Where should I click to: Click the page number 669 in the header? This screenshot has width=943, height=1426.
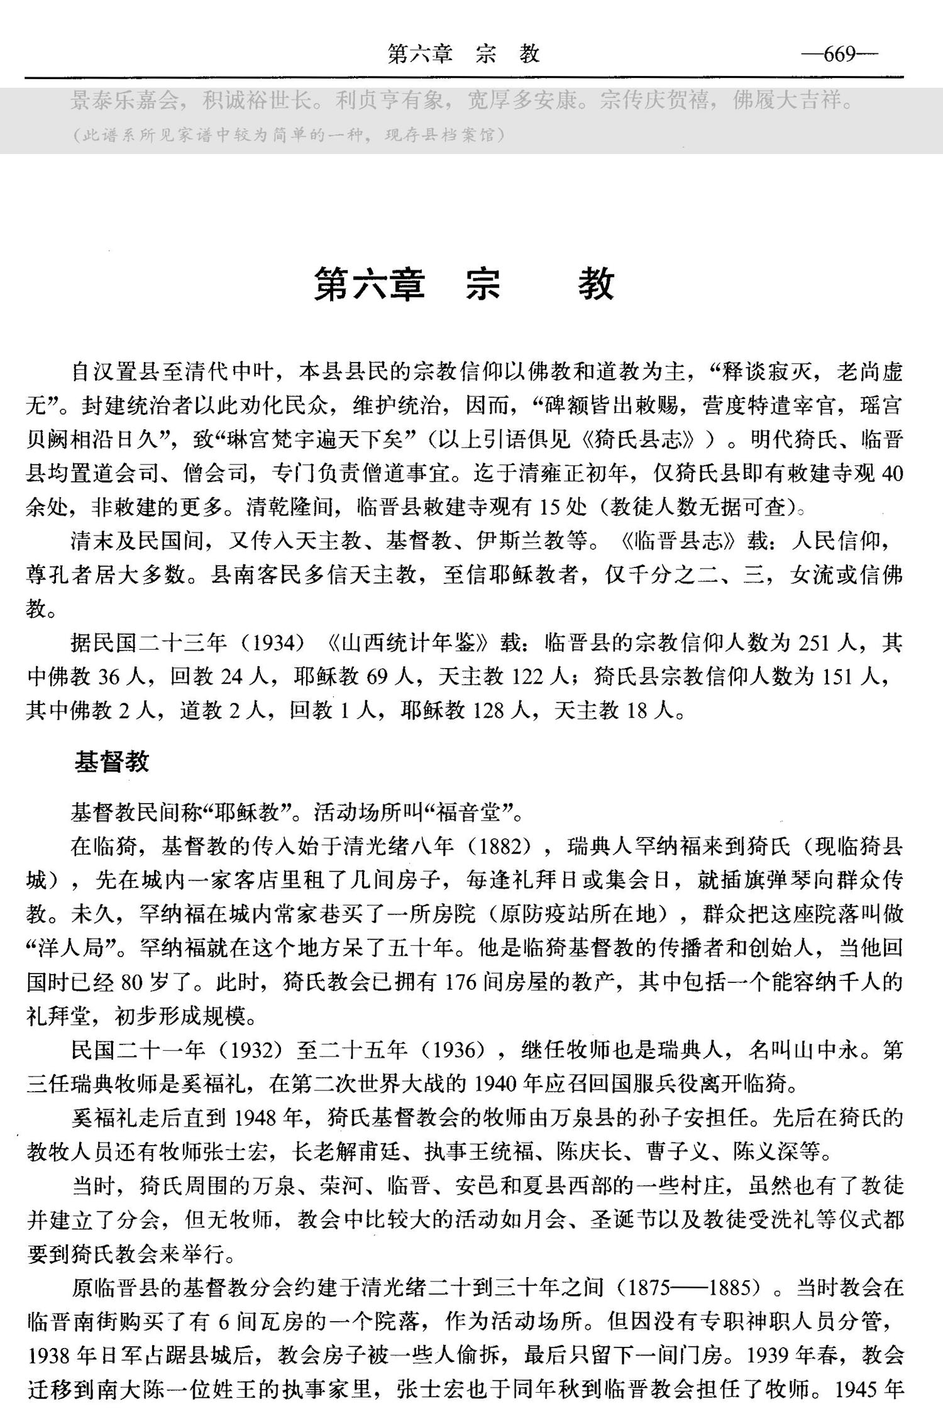click(x=839, y=55)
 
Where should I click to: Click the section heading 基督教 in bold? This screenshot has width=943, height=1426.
click(x=112, y=762)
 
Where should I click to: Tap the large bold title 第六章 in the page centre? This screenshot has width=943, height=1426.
click(x=370, y=284)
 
